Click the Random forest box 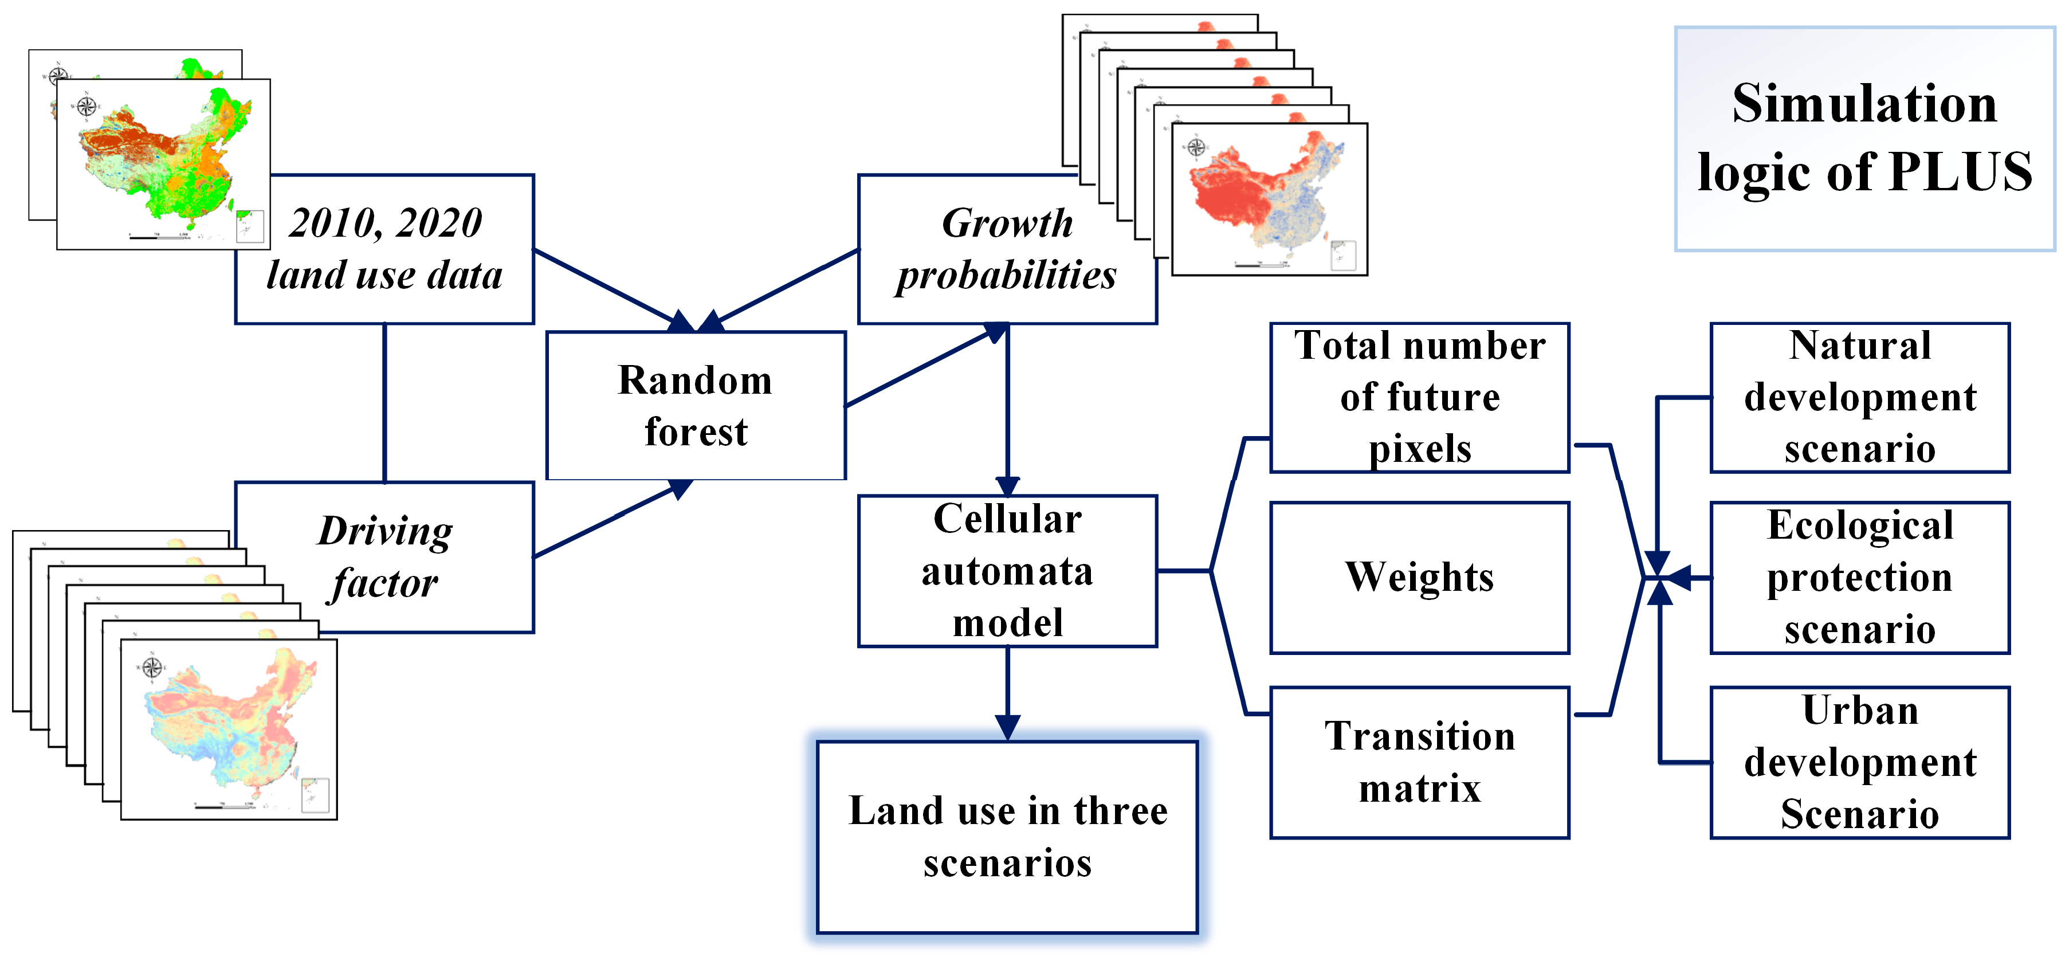pos(696,406)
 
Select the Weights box pos(1419,577)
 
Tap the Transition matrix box pos(1419,762)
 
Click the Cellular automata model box pos(1007,571)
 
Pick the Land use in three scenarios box pos(1007,837)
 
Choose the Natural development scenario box pos(1859,397)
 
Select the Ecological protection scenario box pos(1859,577)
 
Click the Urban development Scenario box pos(1859,762)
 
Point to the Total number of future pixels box pos(1419,397)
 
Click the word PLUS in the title pos(1960,172)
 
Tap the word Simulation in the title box pos(1863,104)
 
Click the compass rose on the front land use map pos(87,106)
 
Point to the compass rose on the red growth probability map pos(1196,147)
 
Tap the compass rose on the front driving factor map pos(152,667)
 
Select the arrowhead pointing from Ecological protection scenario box pos(1677,577)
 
